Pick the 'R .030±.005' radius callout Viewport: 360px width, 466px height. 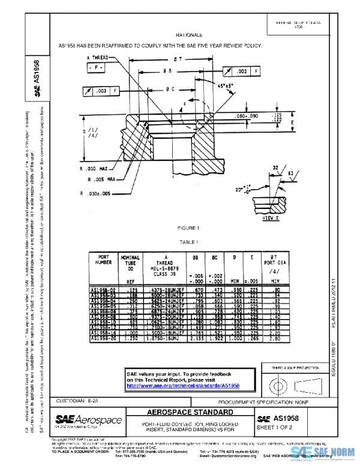(x=98, y=193)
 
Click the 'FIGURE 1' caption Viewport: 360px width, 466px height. (x=188, y=229)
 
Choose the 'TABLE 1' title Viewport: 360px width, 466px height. (x=188, y=241)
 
